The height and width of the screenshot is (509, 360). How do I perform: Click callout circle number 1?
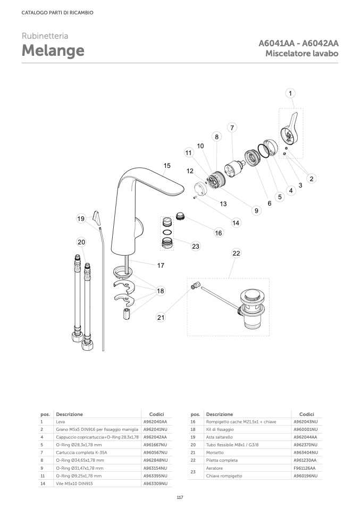[290, 94]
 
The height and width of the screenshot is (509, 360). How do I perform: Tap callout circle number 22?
[237, 253]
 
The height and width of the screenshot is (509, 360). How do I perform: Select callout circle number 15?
[167, 166]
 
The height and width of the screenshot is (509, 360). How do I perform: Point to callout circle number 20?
[81, 242]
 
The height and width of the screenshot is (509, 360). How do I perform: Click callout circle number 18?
[161, 291]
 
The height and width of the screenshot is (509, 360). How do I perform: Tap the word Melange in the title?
[53, 50]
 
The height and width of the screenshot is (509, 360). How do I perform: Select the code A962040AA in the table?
[155, 421]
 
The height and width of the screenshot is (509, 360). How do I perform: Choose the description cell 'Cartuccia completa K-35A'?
[78, 452]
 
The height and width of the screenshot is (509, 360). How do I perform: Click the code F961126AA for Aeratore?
[305, 468]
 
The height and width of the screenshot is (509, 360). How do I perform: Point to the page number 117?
[180, 497]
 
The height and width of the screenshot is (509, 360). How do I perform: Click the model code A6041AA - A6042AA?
[298, 43]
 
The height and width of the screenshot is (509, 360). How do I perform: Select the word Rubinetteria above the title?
[45, 36]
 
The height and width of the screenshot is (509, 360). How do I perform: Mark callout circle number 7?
[232, 128]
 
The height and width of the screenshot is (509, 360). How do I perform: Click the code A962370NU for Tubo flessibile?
[305, 445]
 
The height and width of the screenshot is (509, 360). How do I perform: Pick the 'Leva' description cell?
[61, 421]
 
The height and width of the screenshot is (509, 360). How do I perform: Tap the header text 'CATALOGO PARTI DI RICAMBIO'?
[57, 13]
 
